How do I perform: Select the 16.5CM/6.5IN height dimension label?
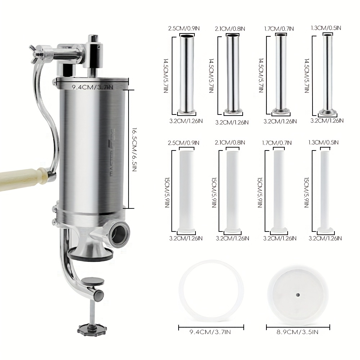click(134, 149)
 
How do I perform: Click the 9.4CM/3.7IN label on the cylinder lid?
click(93, 87)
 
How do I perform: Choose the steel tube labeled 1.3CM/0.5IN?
click(328, 75)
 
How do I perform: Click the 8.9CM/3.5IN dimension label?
click(297, 332)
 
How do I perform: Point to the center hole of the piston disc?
click(298, 295)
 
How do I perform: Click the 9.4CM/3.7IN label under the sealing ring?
click(210, 332)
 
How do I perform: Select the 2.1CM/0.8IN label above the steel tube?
click(230, 29)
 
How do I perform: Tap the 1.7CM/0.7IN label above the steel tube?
click(279, 29)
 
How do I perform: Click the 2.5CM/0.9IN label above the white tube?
click(184, 143)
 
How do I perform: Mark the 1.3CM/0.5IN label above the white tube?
click(323, 142)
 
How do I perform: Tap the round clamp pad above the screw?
click(93, 281)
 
